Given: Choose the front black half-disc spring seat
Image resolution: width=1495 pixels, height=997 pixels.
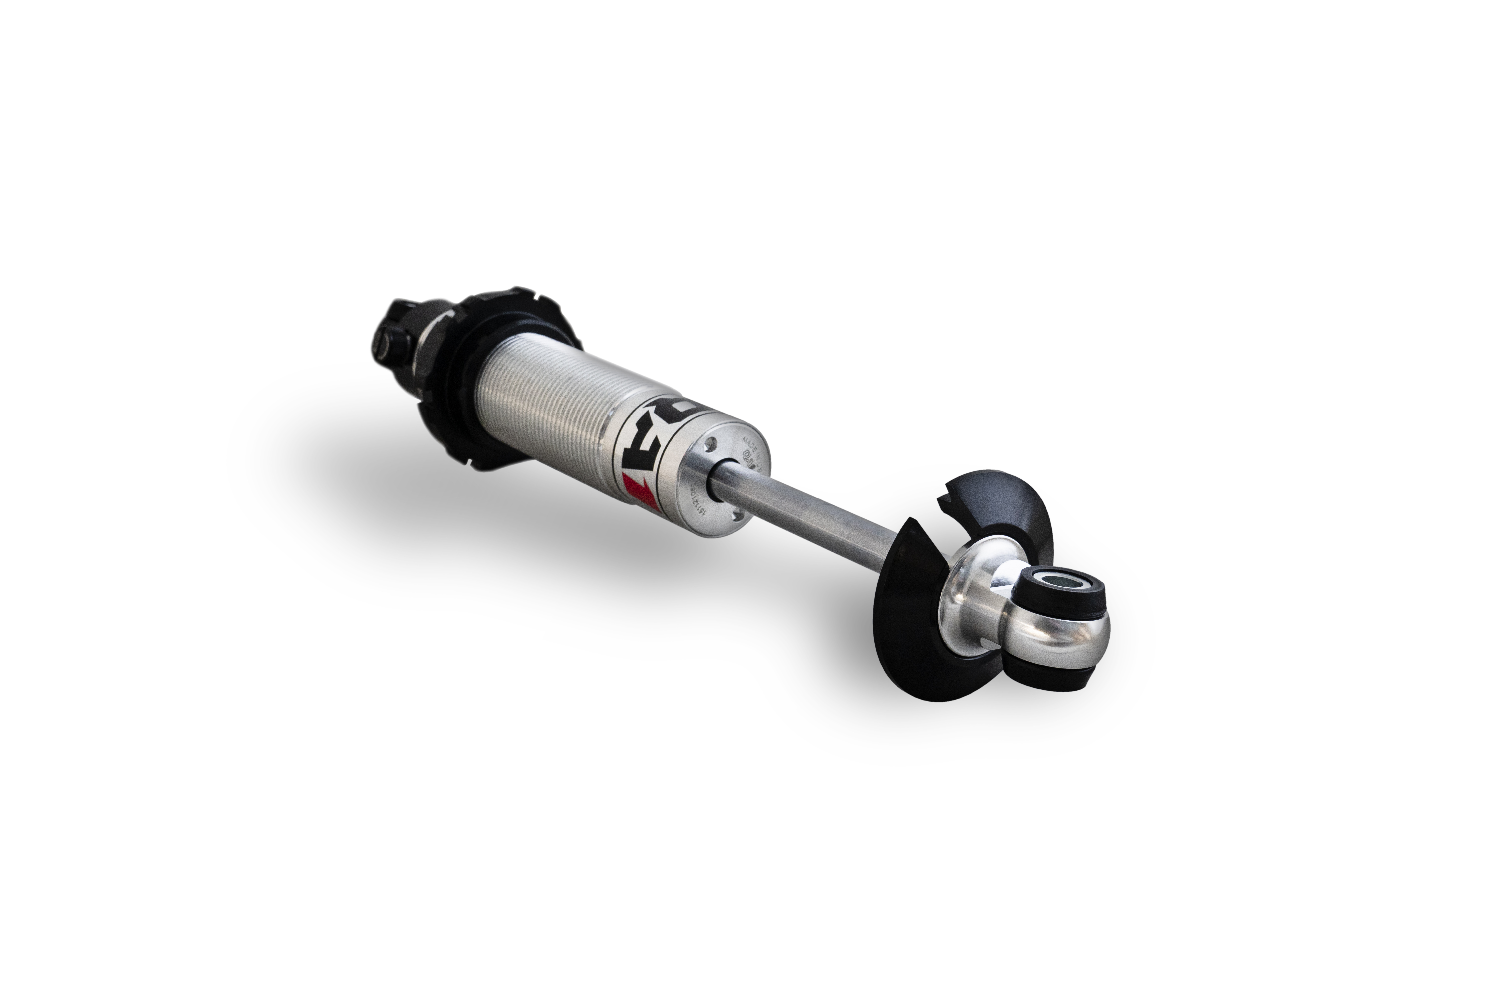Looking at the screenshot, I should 915,626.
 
